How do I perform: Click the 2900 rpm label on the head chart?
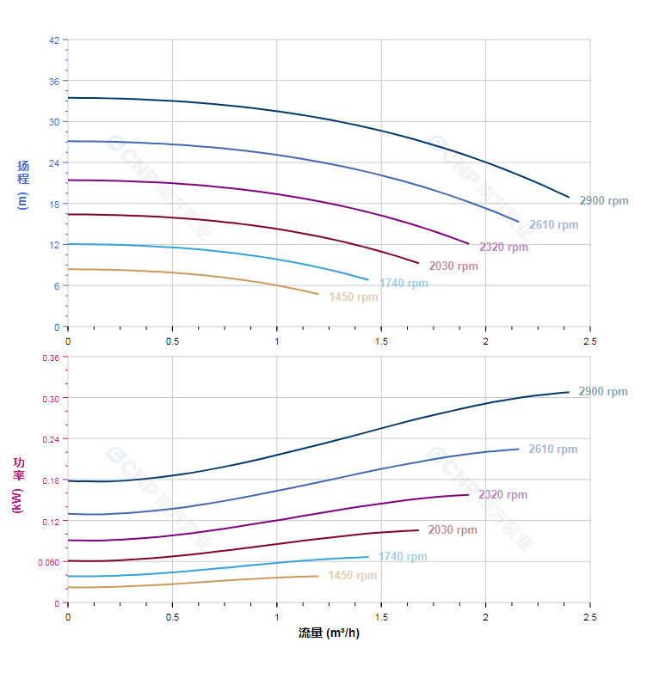(x=603, y=201)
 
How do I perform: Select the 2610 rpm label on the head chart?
(x=553, y=225)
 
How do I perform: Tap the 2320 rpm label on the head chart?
(x=503, y=248)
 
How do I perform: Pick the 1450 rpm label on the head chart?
(x=353, y=297)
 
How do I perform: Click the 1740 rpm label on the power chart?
(x=403, y=557)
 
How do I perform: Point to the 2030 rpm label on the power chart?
(x=453, y=530)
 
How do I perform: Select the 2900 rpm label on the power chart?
(x=602, y=392)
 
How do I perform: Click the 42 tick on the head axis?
(x=55, y=40)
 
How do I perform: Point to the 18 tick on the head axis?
(x=55, y=204)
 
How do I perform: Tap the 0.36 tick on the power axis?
(x=51, y=358)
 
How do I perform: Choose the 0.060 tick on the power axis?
(x=49, y=562)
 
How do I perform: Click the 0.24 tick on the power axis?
(x=51, y=439)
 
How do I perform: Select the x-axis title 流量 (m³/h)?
(x=329, y=633)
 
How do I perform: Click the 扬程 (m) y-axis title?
(x=23, y=184)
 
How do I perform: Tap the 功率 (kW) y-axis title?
(x=18, y=485)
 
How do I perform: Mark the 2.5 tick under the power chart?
(x=590, y=617)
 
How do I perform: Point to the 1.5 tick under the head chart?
(x=381, y=341)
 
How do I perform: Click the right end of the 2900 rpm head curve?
(x=569, y=197)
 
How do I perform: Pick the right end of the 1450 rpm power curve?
(x=318, y=576)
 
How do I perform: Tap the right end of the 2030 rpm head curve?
(x=418, y=263)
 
